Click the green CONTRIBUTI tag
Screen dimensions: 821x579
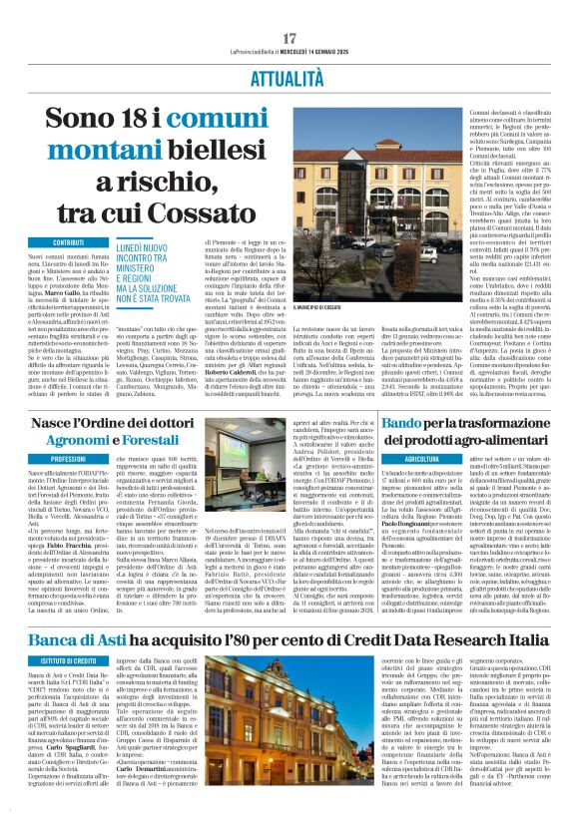click(x=68, y=242)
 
